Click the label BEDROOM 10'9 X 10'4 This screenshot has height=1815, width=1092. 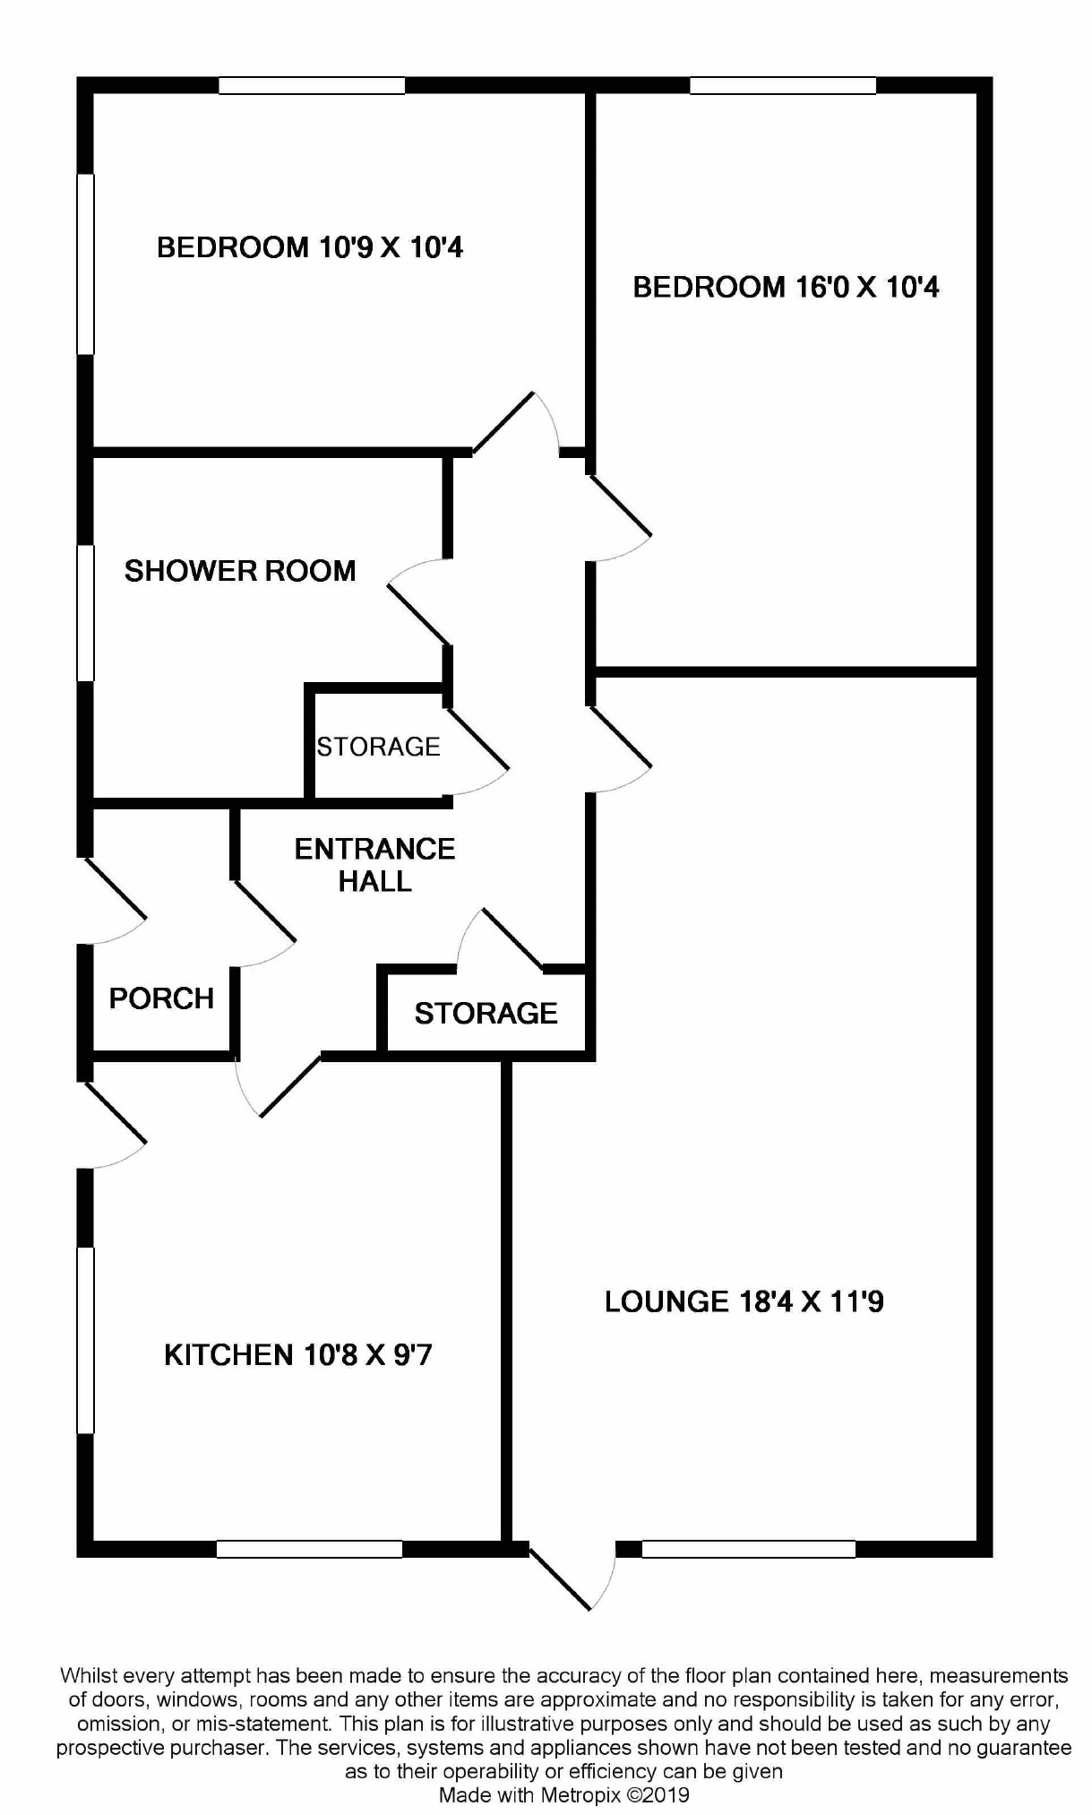click(x=310, y=246)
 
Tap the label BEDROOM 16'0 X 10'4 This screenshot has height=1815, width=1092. click(x=786, y=287)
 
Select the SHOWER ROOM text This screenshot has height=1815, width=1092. click(x=240, y=571)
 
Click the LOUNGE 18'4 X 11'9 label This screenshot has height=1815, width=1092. click(x=744, y=1301)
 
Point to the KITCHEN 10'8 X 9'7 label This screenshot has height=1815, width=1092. click(x=297, y=1354)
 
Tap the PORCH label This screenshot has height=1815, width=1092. click(x=161, y=998)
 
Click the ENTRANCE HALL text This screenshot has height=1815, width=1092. click(x=374, y=865)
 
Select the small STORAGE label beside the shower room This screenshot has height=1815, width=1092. click(x=378, y=747)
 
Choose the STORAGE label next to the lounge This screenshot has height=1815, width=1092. click(x=486, y=1013)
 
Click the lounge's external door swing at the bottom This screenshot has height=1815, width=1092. click(x=573, y=1575)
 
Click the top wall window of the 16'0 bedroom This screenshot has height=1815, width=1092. click(x=782, y=86)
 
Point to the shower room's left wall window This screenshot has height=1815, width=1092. click(x=86, y=613)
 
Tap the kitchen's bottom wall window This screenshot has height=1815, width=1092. click(x=309, y=1548)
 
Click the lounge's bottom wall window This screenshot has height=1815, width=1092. click(x=748, y=1548)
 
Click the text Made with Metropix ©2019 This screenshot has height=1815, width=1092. click(x=563, y=1794)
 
